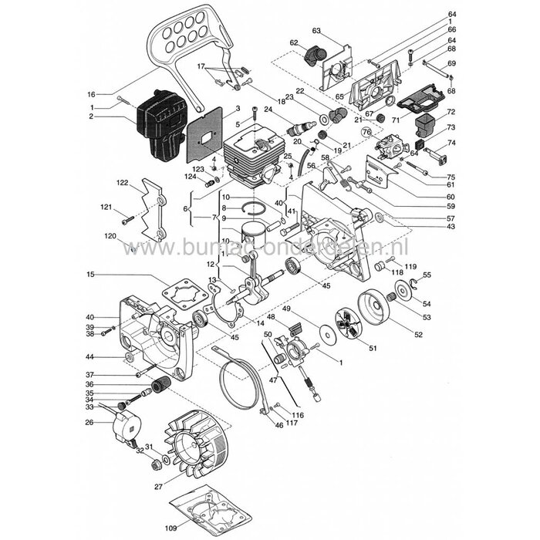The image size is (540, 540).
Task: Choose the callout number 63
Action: [316, 30]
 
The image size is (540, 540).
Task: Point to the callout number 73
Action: [451, 127]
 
